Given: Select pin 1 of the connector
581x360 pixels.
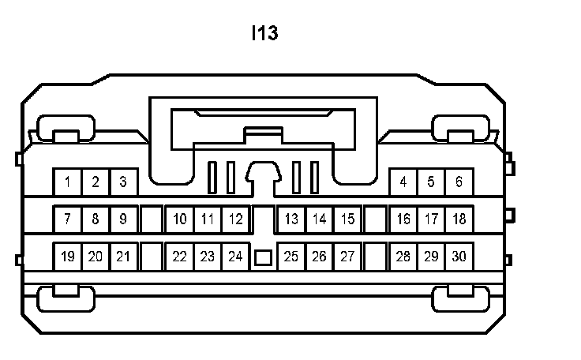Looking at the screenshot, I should (x=68, y=182).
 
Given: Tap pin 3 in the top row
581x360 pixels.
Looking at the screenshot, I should (x=123, y=182).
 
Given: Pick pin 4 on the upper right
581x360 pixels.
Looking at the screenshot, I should (x=403, y=182).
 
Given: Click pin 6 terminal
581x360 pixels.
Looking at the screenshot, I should (x=459, y=182).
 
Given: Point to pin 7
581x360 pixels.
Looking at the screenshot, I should (x=68, y=219).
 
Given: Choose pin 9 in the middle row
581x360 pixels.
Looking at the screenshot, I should (x=123, y=219).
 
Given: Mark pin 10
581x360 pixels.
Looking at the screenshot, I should (x=180, y=219).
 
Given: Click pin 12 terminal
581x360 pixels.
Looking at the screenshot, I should (x=234, y=219).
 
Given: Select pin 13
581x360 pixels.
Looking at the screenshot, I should (x=291, y=219).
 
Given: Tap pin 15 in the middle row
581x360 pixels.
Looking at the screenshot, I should (x=347, y=219).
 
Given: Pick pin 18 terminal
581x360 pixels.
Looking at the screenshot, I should (x=459, y=219).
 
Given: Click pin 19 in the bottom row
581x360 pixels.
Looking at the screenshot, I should (x=68, y=256).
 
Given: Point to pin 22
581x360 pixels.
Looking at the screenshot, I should (x=180, y=256).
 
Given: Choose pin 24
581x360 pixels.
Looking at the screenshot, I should (x=234, y=256).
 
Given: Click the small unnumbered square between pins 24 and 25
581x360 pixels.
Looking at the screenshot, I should (x=264, y=257).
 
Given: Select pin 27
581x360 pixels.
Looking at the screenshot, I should (x=347, y=256).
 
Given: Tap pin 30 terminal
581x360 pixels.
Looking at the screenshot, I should (x=459, y=256).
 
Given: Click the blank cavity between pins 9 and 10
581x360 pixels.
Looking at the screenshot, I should (x=152, y=219).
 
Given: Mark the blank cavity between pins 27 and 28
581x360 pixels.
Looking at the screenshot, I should (x=376, y=256).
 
